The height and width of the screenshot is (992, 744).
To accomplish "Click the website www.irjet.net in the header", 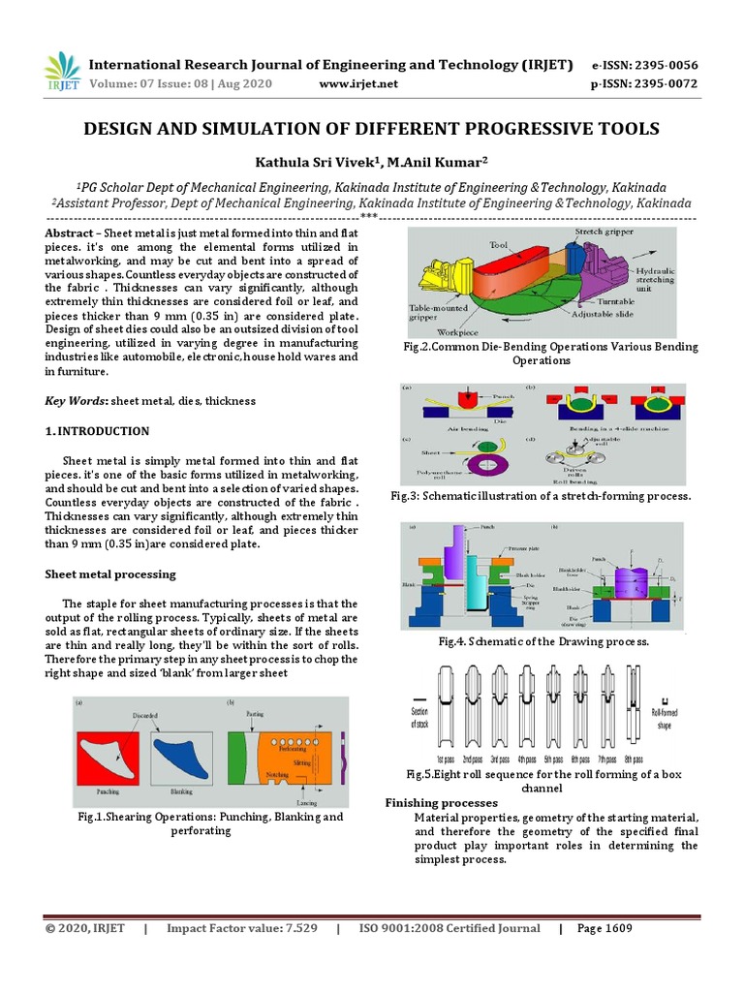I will [x=357, y=84].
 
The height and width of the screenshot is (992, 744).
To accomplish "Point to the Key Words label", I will [x=77, y=401].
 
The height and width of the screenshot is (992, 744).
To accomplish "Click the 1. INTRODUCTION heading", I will [x=98, y=431].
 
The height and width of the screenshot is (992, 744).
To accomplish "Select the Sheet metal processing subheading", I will [x=110, y=574].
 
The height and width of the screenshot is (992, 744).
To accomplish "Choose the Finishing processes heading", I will [x=442, y=803].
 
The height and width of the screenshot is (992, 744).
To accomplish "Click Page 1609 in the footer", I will [x=604, y=928].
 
